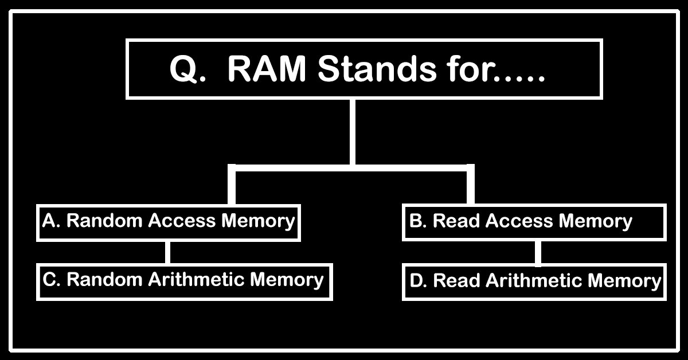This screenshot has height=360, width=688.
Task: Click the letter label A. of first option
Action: coord(51,221)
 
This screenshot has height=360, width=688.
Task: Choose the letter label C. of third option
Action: coord(52,280)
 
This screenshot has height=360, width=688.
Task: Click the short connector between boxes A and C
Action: coord(168,252)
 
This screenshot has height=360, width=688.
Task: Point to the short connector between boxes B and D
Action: coord(538,252)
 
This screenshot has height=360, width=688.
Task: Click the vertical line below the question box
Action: coord(352,132)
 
